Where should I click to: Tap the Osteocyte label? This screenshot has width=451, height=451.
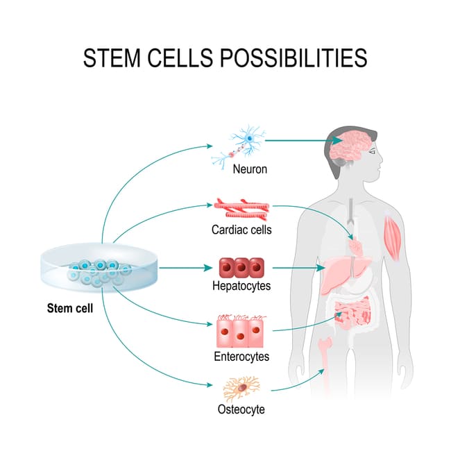(x=241, y=409)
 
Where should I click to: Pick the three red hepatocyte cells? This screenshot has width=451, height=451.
(x=239, y=267)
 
